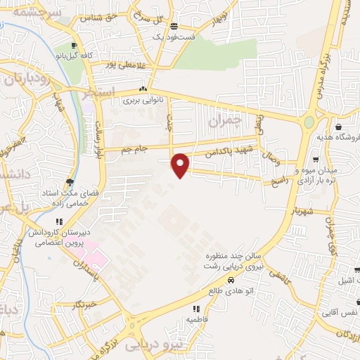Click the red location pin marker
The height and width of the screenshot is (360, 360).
(x=181, y=165)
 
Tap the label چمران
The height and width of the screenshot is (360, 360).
(x=225, y=122)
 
